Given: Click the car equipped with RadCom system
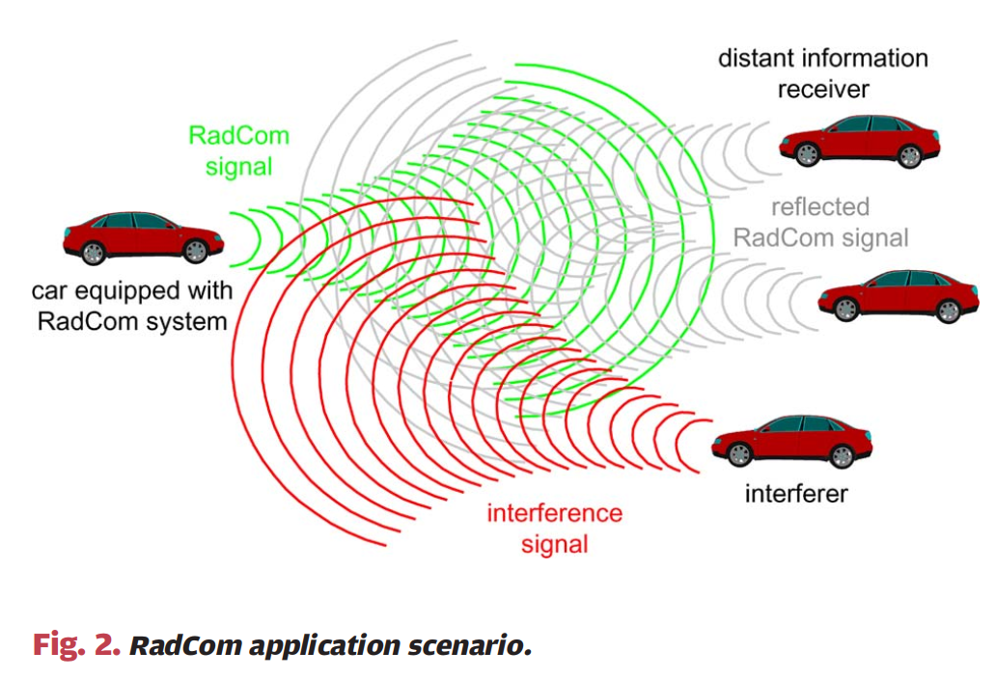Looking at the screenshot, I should click(x=143, y=237).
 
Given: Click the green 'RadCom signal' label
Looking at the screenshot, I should click(x=238, y=149).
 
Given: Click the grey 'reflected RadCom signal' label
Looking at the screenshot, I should click(x=820, y=222).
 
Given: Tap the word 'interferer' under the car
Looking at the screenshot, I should click(x=795, y=495).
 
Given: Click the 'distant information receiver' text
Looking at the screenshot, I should click(x=822, y=73).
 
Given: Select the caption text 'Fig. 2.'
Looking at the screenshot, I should click(x=76, y=644).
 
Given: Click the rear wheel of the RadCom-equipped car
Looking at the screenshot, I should click(x=196, y=252).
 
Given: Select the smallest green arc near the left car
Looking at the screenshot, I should click(x=237, y=240).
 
